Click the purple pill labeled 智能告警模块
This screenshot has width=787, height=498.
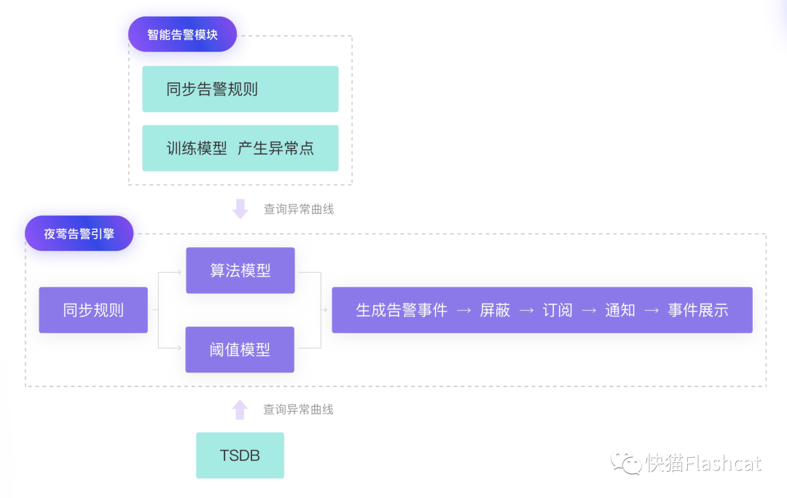[x=182, y=34]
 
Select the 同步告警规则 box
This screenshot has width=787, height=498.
[x=240, y=89]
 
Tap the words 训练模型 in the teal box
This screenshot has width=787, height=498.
[x=197, y=148]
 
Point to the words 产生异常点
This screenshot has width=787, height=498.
[x=275, y=148]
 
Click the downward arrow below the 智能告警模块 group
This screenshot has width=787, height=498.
[x=240, y=209]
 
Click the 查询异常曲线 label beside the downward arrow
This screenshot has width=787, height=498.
[x=298, y=209]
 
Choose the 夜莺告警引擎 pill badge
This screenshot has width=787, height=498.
[x=79, y=233]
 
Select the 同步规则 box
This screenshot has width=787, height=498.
[x=93, y=310]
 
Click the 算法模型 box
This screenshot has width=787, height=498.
[x=240, y=271]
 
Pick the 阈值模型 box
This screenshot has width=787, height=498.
[x=240, y=350]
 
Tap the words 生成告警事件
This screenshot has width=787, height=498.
[x=402, y=310]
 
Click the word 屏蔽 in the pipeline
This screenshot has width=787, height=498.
[x=495, y=310]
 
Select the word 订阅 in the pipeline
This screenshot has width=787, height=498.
[x=557, y=310]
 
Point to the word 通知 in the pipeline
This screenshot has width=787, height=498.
[x=620, y=310]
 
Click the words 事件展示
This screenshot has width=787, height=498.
[x=698, y=310]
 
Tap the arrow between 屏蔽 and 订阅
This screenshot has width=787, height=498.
[x=526, y=311]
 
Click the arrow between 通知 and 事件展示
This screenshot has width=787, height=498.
[x=651, y=311]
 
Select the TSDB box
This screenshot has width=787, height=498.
[x=240, y=456]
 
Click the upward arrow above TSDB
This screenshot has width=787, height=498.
[x=240, y=409]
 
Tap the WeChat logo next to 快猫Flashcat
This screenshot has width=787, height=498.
[x=627, y=462]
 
